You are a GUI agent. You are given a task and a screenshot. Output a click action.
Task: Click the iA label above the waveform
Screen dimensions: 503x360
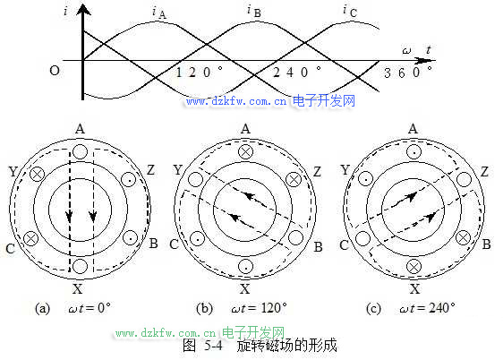[x=159, y=13]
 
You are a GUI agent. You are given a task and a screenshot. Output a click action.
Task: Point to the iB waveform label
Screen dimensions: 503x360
[x=254, y=11]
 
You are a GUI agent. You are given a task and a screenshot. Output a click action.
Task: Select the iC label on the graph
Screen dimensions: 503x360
[x=350, y=11]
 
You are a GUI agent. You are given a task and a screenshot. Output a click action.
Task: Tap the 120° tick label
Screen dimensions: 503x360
[x=200, y=72]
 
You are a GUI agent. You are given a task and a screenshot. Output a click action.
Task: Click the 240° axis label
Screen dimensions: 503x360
[x=297, y=72]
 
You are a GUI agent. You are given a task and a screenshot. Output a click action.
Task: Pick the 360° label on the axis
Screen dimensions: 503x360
[x=408, y=73]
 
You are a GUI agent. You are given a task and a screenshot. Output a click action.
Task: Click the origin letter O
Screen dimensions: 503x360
[x=55, y=70]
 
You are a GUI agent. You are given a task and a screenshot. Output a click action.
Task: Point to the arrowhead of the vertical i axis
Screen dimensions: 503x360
[x=83, y=10]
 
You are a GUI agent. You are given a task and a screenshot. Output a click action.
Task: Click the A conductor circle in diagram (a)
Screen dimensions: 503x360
[x=80, y=151]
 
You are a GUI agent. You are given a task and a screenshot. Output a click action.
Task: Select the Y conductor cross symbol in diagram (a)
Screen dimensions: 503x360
[x=38, y=175]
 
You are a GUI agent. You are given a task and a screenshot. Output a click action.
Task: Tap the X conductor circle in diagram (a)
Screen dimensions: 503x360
[x=80, y=266]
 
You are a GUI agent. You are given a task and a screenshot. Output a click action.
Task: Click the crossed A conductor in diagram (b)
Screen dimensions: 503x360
[x=246, y=152]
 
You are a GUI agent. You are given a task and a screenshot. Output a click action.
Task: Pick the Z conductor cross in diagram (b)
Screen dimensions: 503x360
[x=294, y=179]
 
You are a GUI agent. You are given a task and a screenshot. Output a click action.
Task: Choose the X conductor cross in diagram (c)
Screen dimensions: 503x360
[x=413, y=267]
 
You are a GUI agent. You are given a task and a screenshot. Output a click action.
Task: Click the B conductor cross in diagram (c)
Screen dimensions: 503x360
[x=464, y=238]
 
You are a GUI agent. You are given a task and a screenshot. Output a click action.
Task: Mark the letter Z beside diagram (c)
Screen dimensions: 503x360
[x=484, y=172]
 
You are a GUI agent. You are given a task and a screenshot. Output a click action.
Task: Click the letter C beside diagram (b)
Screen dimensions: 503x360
[x=174, y=244]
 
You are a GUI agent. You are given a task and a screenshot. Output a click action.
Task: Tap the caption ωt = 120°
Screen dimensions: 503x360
[x=259, y=308]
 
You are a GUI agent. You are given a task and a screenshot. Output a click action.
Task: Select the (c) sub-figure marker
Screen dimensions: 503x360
[x=373, y=308]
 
